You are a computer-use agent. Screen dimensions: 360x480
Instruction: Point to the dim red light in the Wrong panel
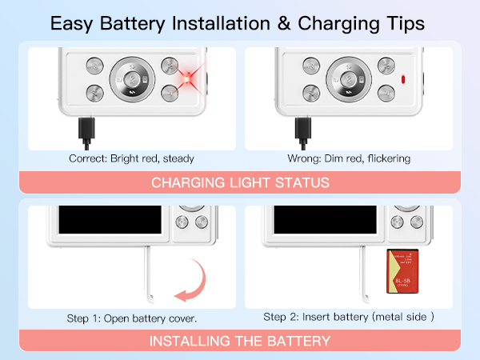tap(402, 79)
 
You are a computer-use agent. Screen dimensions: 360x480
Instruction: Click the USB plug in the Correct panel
tap(86, 127)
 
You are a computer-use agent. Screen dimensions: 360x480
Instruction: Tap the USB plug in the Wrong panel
tap(302, 127)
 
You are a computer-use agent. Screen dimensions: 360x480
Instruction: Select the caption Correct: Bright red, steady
tap(131, 158)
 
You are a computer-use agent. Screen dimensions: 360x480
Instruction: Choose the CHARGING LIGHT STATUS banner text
tap(240, 182)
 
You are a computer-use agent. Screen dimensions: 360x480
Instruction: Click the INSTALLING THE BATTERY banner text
tap(240, 341)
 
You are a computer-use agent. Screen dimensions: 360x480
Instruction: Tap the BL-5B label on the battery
tap(401, 280)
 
